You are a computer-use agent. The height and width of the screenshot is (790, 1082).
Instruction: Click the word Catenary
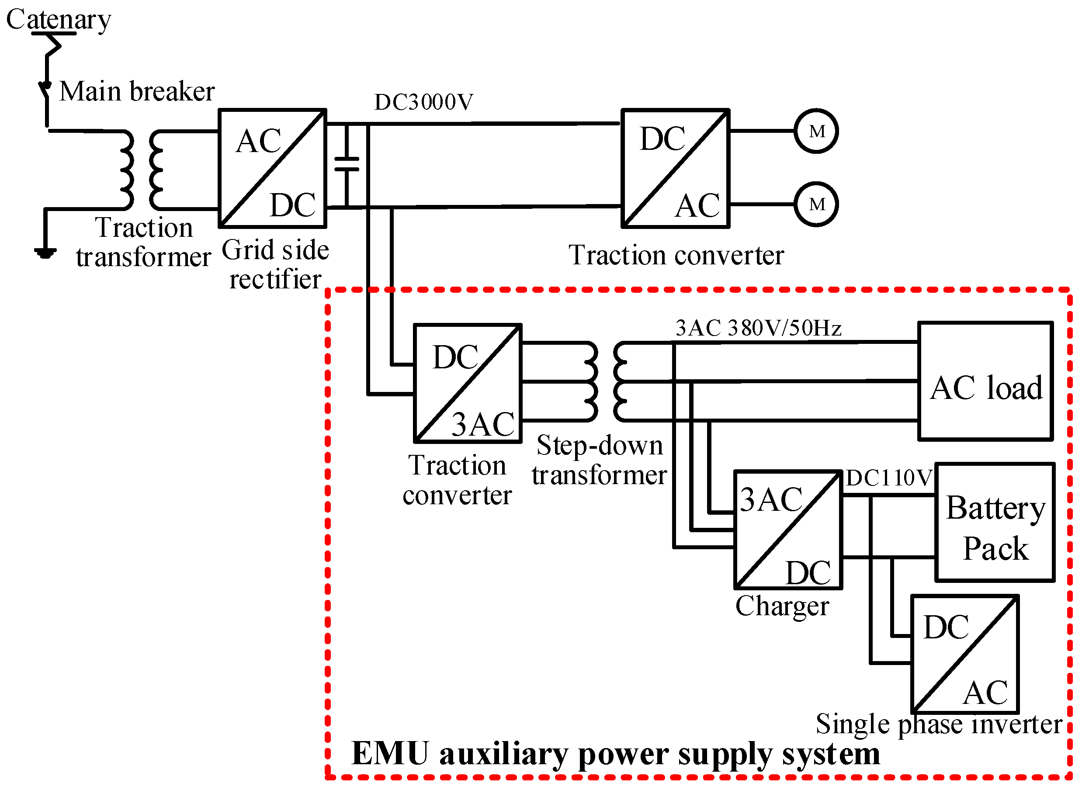point(58,20)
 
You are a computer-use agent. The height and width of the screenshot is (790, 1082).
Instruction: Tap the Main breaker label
point(137,91)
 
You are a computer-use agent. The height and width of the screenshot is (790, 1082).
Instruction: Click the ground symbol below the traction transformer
point(45,253)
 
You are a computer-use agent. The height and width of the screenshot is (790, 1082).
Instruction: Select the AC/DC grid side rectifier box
point(273,168)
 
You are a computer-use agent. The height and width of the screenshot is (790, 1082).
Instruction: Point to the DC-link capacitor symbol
point(347,164)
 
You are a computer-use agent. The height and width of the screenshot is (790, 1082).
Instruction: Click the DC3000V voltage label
point(423,102)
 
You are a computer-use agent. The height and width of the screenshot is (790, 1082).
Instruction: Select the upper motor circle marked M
point(817,131)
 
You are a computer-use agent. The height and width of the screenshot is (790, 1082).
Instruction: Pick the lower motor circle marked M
point(817,204)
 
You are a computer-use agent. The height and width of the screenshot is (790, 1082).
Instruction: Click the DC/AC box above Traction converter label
point(675,168)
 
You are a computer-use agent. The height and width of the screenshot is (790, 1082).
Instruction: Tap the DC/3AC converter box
point(467,384)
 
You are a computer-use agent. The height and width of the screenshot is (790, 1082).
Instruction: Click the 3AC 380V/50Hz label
point(758,329)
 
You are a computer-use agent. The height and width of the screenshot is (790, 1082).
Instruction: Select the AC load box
point(985,381)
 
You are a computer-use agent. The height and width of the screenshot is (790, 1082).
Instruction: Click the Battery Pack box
point(995,522)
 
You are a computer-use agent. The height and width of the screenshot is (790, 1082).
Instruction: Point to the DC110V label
point(889,478)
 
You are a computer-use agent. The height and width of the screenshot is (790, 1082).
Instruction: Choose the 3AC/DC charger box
point(788,530)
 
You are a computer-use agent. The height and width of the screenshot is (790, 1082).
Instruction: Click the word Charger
point(782,606)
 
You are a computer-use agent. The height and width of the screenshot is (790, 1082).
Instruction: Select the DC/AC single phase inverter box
point(965,654)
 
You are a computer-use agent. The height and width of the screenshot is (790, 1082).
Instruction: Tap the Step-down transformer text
point(599,460)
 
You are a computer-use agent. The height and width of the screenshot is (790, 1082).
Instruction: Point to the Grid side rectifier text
point(275,264)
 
